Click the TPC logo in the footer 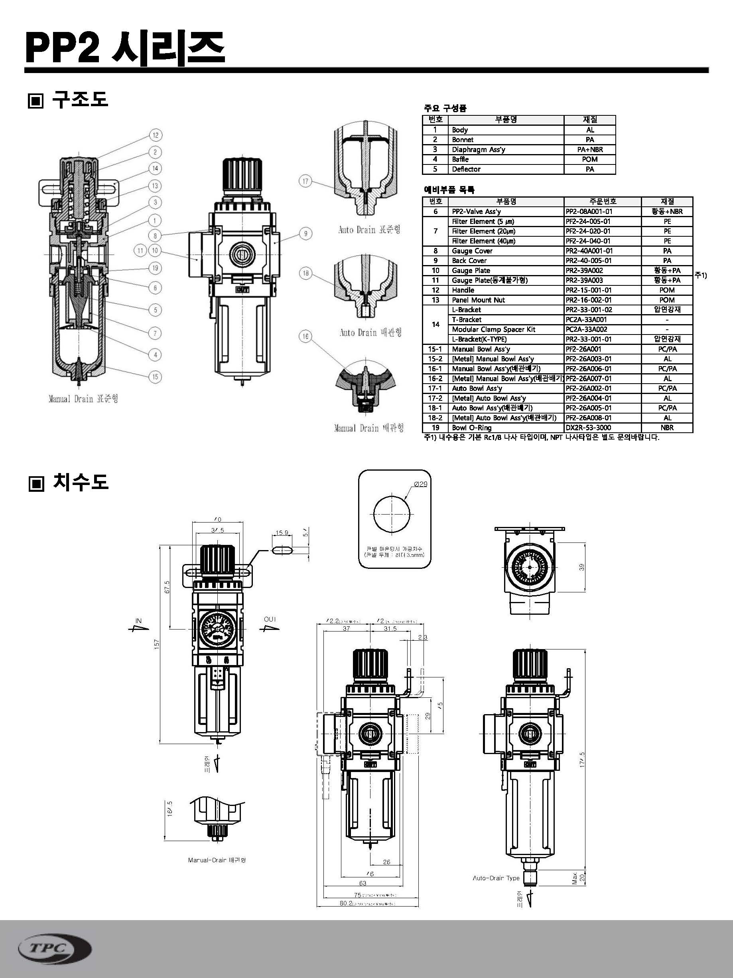55,948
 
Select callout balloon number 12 155,135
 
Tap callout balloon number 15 155,377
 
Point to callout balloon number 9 305,234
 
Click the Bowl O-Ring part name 471,428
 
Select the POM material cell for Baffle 589,159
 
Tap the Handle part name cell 463,290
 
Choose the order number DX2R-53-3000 589,428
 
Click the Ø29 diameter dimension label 420,484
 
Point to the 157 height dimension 156,644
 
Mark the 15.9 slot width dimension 282,533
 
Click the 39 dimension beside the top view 581,567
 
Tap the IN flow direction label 139,621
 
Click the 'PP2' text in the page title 62,48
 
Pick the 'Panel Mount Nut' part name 478,300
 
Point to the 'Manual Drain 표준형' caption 83,399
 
